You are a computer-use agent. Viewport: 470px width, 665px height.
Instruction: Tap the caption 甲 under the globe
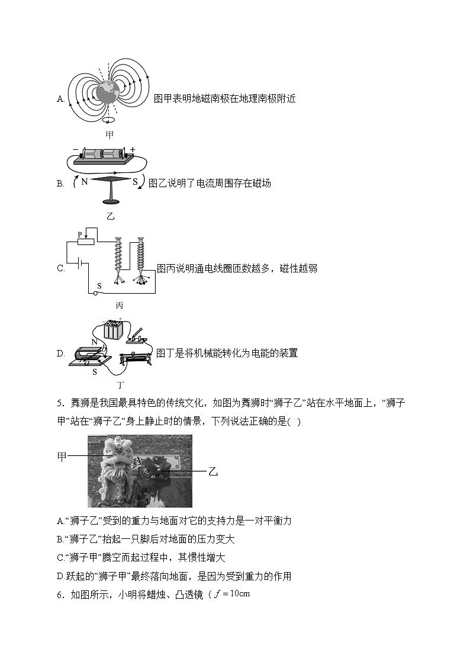click(x=110, y=135)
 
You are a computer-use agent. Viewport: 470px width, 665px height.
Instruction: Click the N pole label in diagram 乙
click(x=85, y=182)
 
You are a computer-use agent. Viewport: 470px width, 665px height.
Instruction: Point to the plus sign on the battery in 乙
click(x=133, y=150)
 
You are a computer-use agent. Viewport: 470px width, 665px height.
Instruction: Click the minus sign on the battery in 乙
click(x=75, y=150)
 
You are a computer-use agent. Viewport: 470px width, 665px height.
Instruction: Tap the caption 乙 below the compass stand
click(x=110, y=216)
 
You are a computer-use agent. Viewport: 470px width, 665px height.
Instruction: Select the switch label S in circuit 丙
click(x=99, y=285)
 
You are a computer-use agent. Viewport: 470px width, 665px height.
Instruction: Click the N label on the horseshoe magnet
click(x=94, y=342)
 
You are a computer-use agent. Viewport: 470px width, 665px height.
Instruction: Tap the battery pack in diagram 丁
click(x=113, y=330)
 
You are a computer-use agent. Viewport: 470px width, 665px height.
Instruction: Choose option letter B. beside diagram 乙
click(x=60, y=184)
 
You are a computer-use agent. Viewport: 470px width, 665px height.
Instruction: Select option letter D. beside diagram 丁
click(x=60, y=354)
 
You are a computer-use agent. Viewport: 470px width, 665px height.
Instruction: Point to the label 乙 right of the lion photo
click(x=213, y=471)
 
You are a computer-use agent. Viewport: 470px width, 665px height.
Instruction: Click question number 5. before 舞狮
click(x=60, y=404)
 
